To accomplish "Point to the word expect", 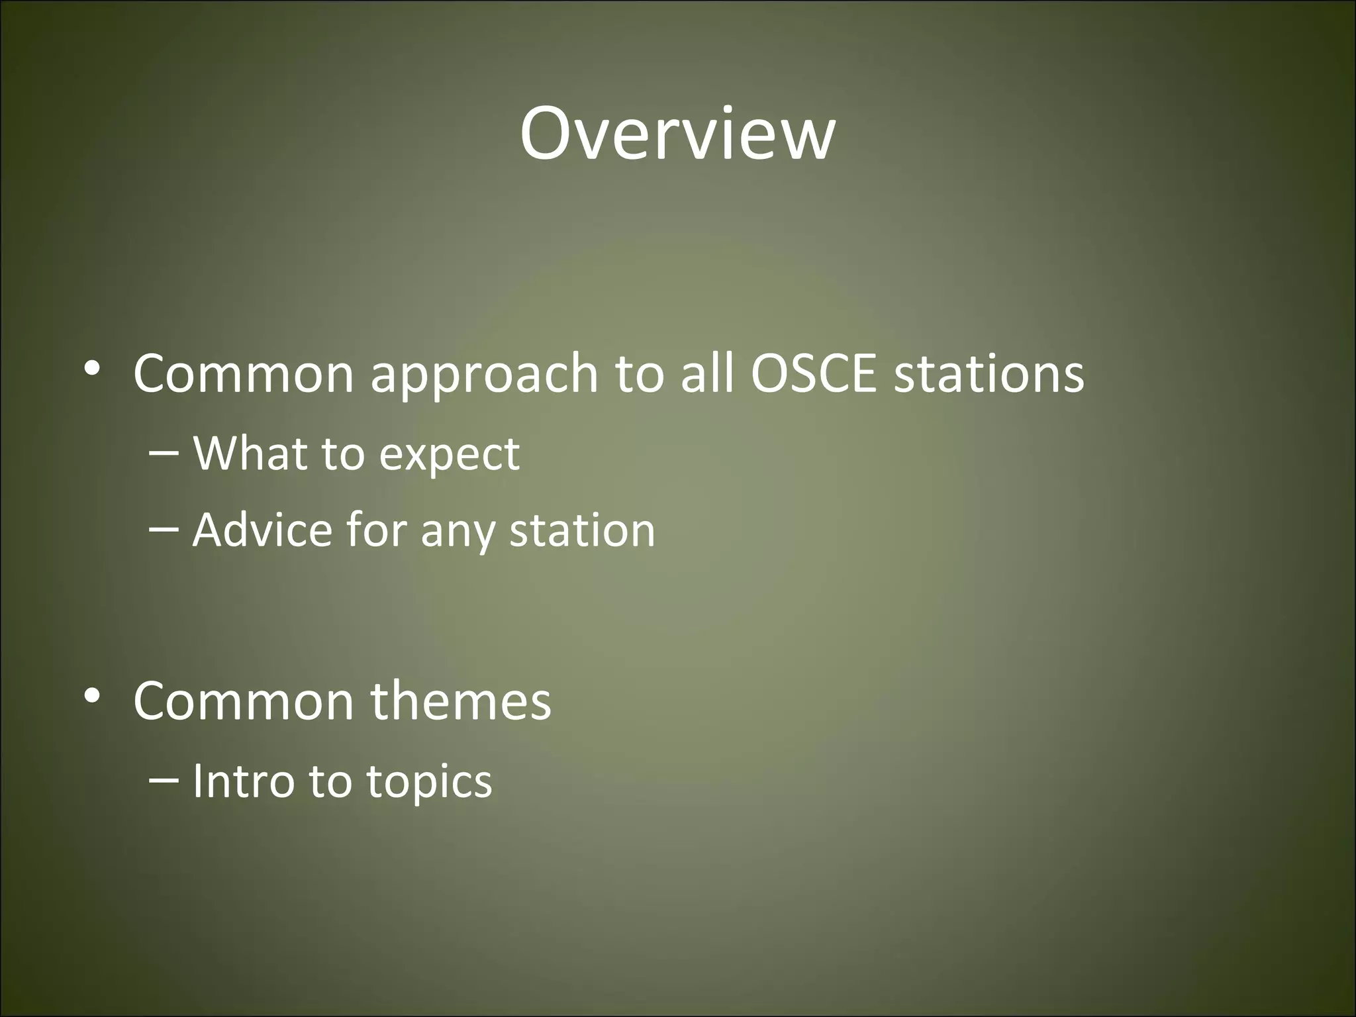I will point(450,456).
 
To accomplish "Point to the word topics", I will point(430,783).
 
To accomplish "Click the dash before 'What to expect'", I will point(164,453).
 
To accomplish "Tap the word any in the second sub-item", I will point(457,533).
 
